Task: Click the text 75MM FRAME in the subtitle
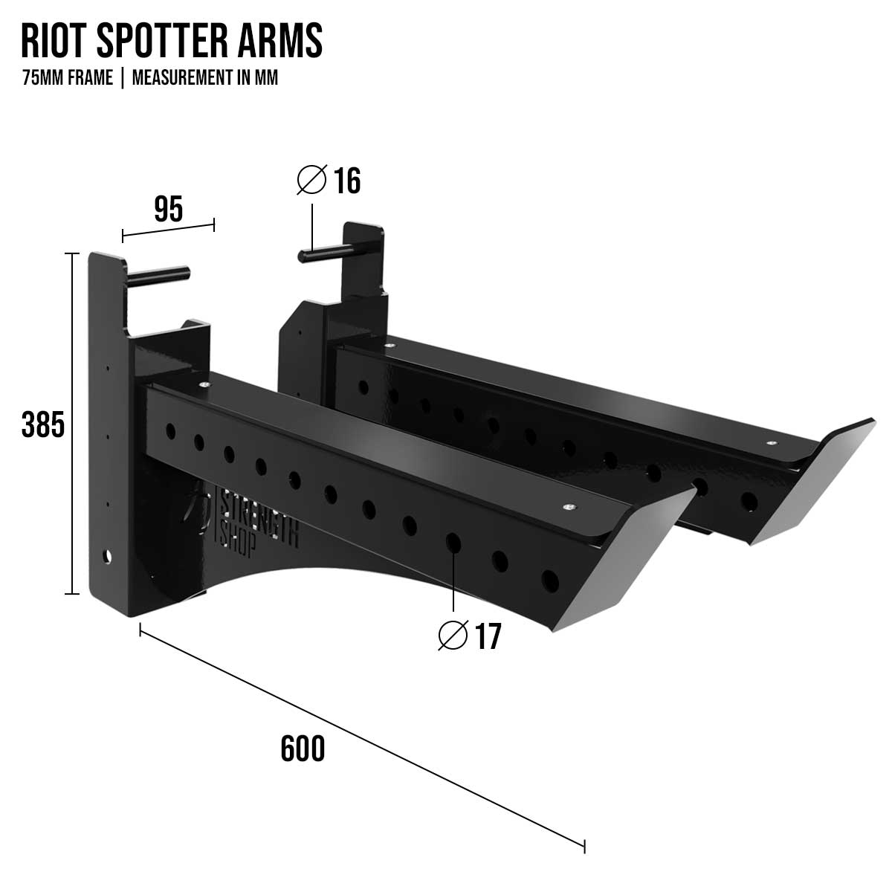(68, 78)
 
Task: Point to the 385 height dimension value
(43, 425)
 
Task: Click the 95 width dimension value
(168, 210)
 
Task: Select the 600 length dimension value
(303, 749)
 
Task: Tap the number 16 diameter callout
(346, 181)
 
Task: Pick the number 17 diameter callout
(488, 636)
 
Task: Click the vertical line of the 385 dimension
(72, 424)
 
